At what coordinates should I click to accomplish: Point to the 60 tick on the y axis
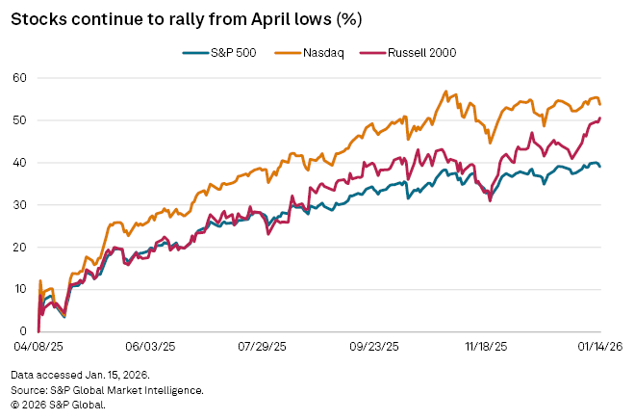19,77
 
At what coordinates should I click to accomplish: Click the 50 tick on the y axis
19,119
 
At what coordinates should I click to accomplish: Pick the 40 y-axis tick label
19,162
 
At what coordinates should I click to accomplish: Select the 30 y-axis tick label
19,204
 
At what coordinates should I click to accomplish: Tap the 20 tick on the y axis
19,247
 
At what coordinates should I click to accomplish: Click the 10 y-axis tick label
19,289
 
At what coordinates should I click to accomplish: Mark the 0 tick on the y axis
23,331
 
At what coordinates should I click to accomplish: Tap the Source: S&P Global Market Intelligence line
108,389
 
